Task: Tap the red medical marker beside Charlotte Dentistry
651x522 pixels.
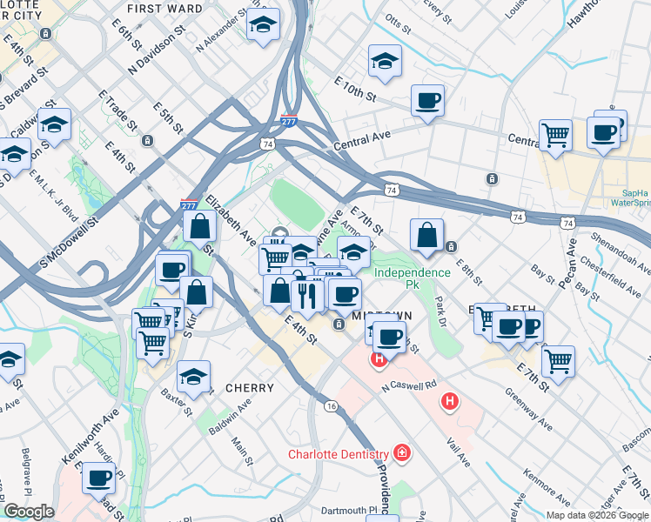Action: pyautogui.click(x=402, y=452)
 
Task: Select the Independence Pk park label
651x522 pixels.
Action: pyautogui.click(x=412, y=272)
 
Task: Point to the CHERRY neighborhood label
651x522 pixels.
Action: pyautogui.click(x=249, y=388)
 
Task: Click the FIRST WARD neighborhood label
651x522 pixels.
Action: pyautogui.click(x=164, y=8)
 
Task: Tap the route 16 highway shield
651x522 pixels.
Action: pyautogui.click(x=332, y=406)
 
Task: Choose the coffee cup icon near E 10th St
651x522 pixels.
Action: pyautogui.click(x=427, y=101)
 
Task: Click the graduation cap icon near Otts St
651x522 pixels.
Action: pyautogui.click(x=384, y=62)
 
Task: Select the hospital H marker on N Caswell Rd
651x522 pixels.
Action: pyautogui.click(x=450, y=401)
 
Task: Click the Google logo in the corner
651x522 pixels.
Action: pyautogui.click(x=29, y=512)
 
